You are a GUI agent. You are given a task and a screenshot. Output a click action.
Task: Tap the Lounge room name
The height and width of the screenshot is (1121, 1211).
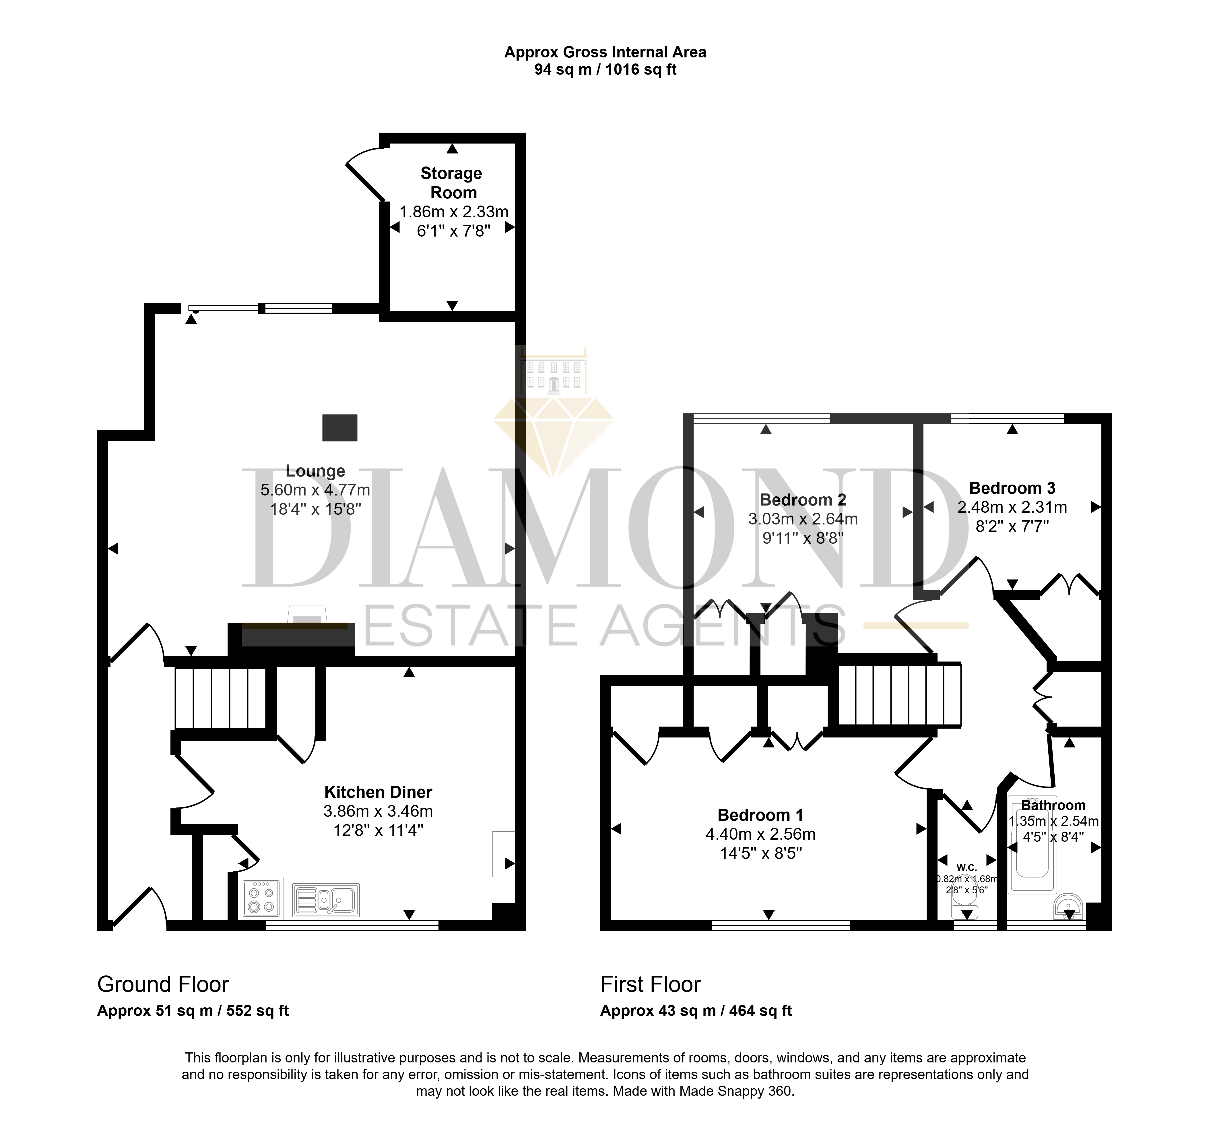point(315,471)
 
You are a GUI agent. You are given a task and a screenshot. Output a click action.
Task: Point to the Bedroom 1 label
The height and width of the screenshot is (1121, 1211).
point(760,815)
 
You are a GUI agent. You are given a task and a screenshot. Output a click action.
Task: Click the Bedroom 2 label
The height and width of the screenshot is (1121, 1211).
point(803,500)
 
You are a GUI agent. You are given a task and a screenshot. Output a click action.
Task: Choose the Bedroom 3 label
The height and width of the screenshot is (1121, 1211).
point(1012,488)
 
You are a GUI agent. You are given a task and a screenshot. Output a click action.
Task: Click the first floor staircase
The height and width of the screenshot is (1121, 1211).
point(899,694)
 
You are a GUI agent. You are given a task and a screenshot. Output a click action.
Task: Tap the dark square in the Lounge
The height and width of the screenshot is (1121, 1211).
point(339,428)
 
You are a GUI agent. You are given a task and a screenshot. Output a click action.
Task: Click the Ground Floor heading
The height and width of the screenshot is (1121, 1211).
point(163,984)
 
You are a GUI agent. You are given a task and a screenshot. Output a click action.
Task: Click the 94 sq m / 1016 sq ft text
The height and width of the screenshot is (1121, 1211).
point(605,69)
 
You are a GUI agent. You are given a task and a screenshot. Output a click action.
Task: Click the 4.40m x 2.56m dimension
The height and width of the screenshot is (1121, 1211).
point(760,834)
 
